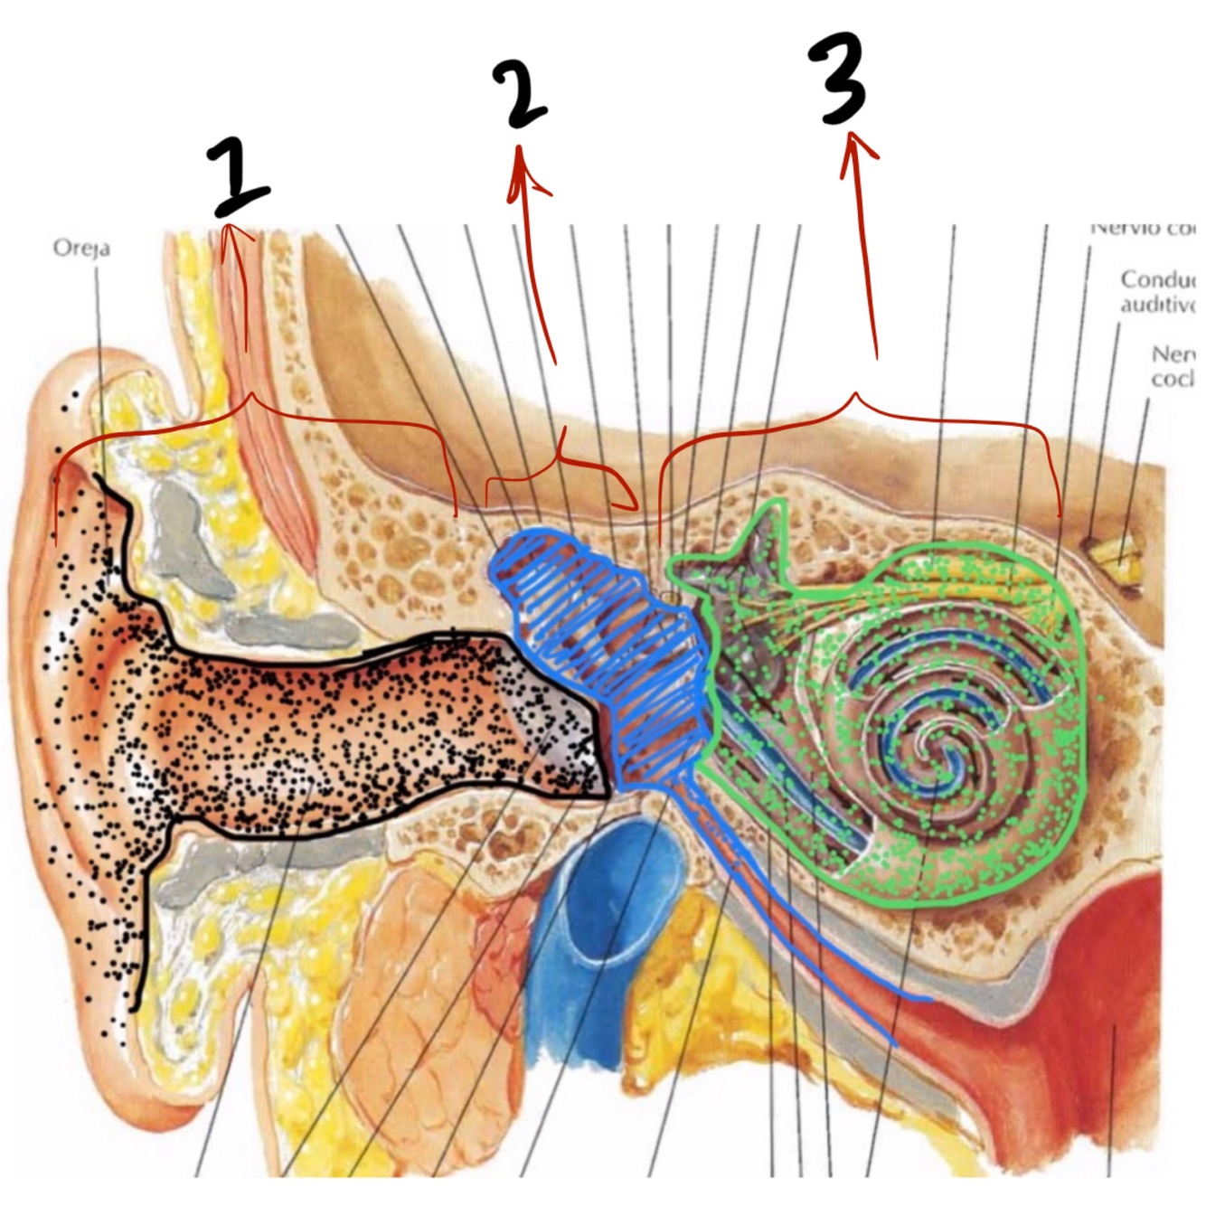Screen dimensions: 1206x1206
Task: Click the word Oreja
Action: [81, 247]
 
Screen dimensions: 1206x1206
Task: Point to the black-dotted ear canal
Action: [362, 723]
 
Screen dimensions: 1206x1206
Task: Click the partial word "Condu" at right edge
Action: [1157, 280]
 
